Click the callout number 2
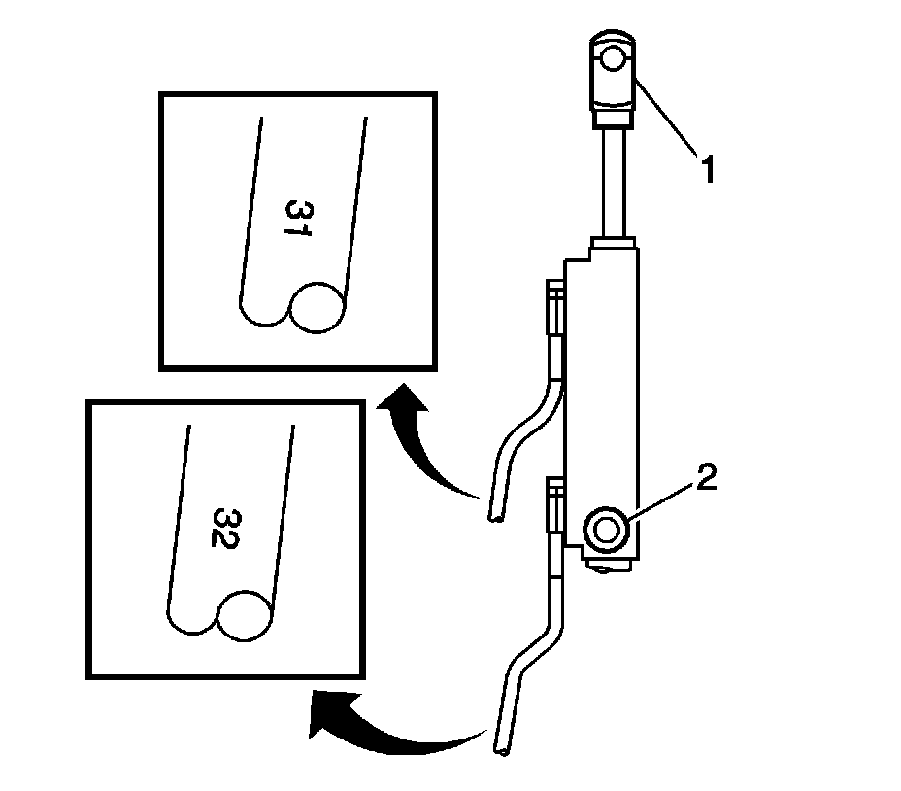click(706, 478)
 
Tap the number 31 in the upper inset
click(298, 223)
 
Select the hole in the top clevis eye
click(613, 60)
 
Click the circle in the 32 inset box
click(248, 614)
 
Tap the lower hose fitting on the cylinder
click(554, 504)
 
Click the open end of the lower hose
click(503, 750)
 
